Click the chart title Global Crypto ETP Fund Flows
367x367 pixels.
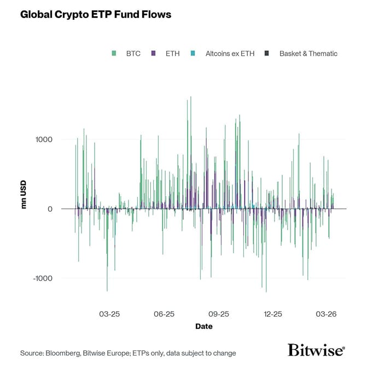pos(96,15)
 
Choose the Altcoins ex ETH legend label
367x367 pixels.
pos(230,54)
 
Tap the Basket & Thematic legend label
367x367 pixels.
pos(308,54)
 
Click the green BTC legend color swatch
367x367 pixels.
pos(114,54)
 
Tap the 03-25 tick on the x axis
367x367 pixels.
pos(109,314)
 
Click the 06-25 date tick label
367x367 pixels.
pos(164,314)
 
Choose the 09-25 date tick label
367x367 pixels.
pos(218,314)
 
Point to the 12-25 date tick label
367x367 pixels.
pos(272,314)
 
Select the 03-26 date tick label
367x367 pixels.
pos(327,314)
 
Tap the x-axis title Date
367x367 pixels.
pos(204,327)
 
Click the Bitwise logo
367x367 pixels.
pos(316,351)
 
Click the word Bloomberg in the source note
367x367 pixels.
pos(64,353)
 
